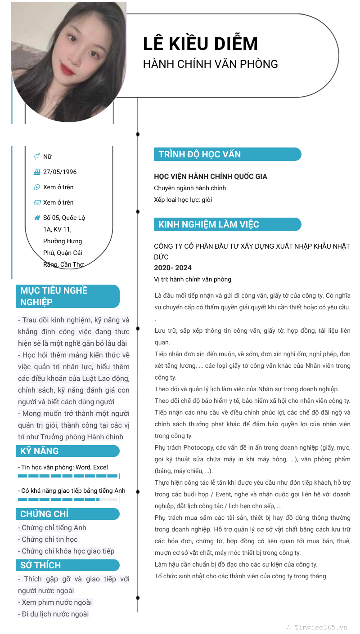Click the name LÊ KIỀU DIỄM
[200, 44]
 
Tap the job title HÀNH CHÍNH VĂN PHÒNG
[210, 64]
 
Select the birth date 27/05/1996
[60, 172]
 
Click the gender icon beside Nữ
[37, 156]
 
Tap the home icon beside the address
[37, 218]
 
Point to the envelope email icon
[37, 202]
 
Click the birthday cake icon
[37, 172]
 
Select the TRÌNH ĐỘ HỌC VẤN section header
[227, 154]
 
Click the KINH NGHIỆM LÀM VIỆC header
[227, 224]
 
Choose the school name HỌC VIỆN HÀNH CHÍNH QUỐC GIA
[211, 177]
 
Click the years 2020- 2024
[173, 268]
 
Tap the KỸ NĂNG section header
[67, 451]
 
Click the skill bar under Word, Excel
[68, 476]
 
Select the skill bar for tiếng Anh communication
[68, 499]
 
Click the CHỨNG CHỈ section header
[67, 514]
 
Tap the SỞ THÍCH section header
[67, 565]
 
